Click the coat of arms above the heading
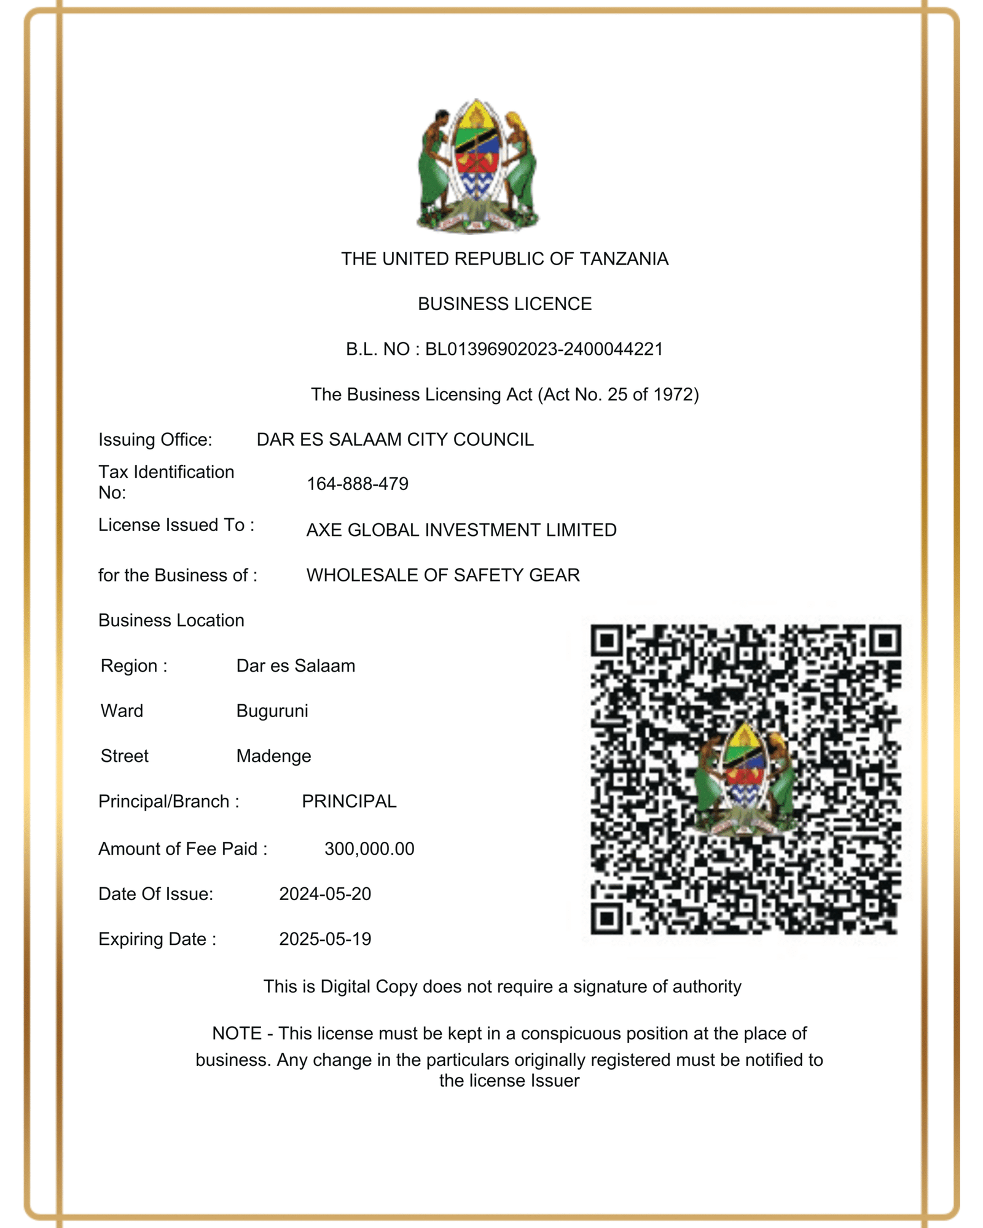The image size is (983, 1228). coord(477,166)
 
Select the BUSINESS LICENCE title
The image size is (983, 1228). coord(504,304)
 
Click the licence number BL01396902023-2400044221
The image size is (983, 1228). coord(544,349)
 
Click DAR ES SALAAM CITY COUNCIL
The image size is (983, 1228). coord(395,440)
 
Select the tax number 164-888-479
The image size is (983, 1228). coord(358,484)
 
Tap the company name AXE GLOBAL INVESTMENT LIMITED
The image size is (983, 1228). coord(461,530)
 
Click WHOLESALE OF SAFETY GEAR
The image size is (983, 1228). coord(443,575)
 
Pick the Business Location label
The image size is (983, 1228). coord(171,620)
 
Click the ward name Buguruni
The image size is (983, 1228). coord(272,711)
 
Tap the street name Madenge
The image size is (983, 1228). coord(273,756)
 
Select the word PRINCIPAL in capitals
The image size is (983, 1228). coord(349,801)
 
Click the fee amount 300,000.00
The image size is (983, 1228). coord(369,849)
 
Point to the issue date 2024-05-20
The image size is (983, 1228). coord(325,894)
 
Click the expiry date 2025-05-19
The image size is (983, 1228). coord(325,939)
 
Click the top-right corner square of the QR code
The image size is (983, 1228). coord(885,641)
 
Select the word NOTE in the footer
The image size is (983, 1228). coord(237,1033)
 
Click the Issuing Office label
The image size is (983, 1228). coord(155,440)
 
